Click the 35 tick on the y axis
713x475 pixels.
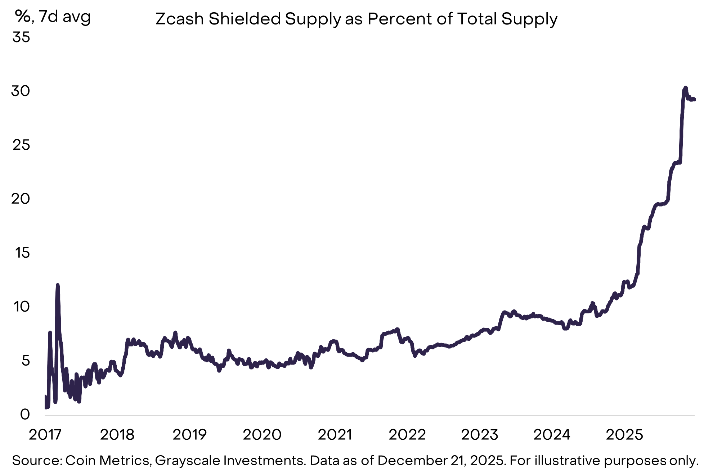[x=21, y=37]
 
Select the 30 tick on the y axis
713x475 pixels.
[x=21, y=91]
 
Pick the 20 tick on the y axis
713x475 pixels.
[x=21, y=199]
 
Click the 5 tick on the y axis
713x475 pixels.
[x=26, y=360]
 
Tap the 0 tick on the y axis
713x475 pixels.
[x=25, y=414]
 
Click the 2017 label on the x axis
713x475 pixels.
[x=45, y=435]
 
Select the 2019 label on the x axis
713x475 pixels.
[x=190, y=435]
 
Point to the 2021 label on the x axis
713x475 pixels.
[x=335, y=435]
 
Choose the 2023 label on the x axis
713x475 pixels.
[x=480, y=435]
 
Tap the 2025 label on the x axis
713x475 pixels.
[x=624, y=435]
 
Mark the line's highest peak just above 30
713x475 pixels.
[x=685, y=87]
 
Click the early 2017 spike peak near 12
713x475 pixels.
[x=58, y=285]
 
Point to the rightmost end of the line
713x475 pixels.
[x=694, y=100]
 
